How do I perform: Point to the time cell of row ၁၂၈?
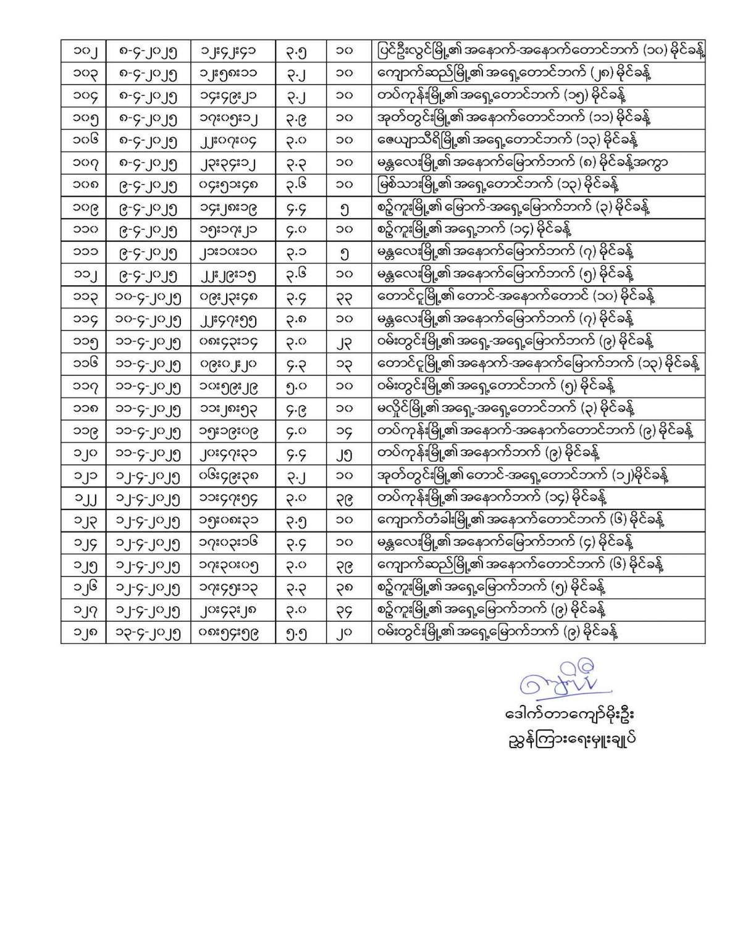point(232,632)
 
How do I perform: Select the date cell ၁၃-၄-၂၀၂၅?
point(148,632)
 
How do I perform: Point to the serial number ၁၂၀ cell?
point(83,453)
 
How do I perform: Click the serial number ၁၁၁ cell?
point(83,251)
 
